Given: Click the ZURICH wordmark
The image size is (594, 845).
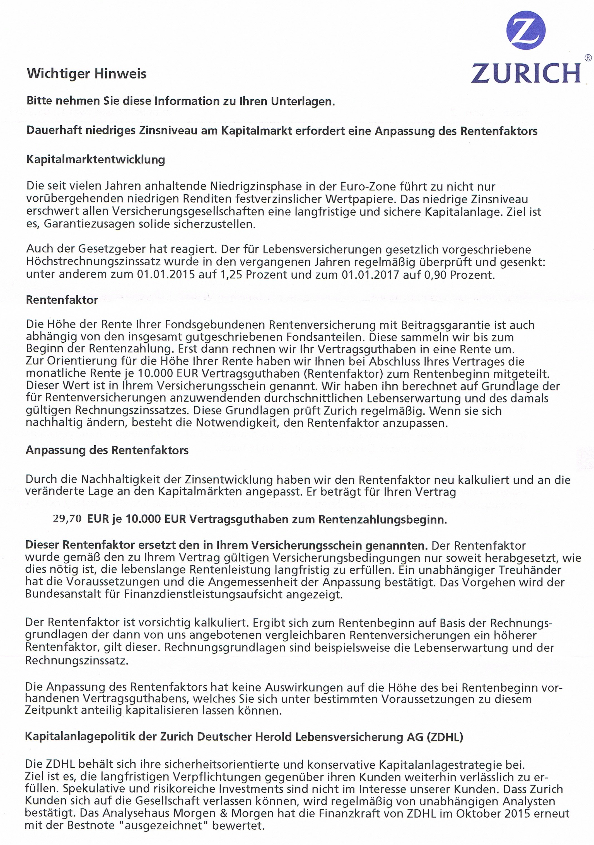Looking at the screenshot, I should (x=526, y=73).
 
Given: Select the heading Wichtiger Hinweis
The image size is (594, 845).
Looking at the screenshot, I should (x=87, y=74).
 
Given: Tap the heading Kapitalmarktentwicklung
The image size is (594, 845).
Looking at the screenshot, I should (x=96, y=160).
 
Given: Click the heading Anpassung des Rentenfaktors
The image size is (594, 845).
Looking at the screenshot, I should (x=107, y=450).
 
